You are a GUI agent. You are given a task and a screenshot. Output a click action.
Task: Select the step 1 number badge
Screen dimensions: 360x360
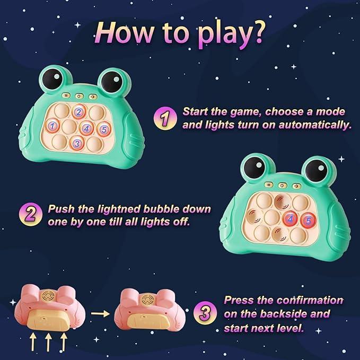pos(165,118)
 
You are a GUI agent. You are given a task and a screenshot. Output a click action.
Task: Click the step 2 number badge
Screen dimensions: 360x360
pos(31,214)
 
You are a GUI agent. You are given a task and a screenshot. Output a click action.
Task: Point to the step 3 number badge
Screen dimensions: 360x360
pos(205,313)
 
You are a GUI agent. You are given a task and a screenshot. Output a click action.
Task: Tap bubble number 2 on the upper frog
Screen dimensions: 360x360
pos(79,112)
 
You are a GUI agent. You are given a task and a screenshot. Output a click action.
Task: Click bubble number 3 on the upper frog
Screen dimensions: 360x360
pos(77,143)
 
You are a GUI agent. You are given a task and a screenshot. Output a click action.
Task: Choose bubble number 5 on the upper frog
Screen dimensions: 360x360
pos(104,129)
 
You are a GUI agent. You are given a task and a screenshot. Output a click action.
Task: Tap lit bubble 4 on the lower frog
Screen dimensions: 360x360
pos(290,219)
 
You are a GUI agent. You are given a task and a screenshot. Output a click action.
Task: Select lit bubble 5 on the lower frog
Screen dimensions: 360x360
pos(309,221)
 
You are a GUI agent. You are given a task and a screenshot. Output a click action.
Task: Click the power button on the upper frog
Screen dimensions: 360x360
pos(79,96)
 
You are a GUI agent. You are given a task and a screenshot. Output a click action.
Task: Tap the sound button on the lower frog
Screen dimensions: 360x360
pos(296,186)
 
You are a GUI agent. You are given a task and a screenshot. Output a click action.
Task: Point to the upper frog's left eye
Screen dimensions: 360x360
pos(52,79)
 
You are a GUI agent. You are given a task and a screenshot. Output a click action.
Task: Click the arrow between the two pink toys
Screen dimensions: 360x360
pos(100,313)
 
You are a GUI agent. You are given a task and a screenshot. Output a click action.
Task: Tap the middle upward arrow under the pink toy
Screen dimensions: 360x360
pos(48,342)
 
